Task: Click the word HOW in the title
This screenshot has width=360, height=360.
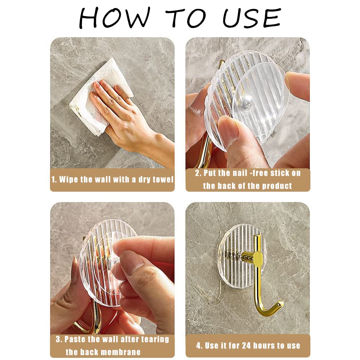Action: [x=114, y=18]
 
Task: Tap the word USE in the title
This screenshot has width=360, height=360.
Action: [x=252, y=18]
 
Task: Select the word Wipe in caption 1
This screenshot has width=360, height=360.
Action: [x=69, y=179]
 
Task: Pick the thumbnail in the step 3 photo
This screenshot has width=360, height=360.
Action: [x=131, y=261]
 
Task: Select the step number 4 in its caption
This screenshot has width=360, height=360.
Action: [x=199, y=346]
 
